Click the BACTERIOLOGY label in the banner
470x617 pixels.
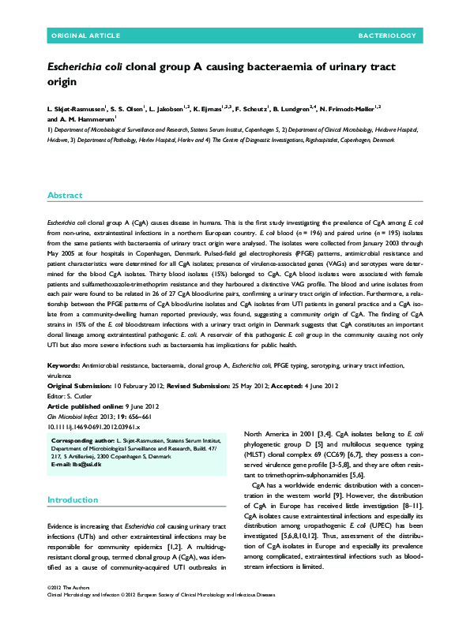387,36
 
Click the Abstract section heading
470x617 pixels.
65,195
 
